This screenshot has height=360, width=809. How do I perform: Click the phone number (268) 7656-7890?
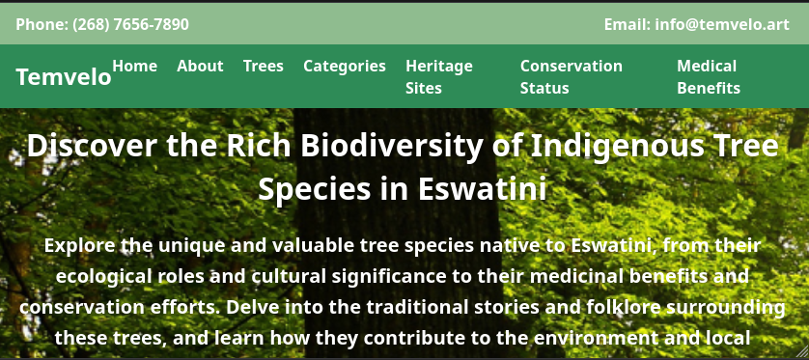tap(130, 24)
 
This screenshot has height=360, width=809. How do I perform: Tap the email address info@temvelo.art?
tap(722, 24)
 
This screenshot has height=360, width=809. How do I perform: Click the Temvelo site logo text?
tap(64, 77)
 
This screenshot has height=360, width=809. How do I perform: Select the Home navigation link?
tap(134, 66)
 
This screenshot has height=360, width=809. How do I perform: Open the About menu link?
tap(200, 66)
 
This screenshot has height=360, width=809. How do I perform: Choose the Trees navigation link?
tap(264, 66)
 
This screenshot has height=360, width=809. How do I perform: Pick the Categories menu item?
tap(345, 67)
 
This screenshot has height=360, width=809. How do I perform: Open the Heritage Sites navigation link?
tap(439, 77)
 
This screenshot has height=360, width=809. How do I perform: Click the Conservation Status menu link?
tap(572, 77)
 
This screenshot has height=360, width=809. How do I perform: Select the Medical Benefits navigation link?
tap(709, 77)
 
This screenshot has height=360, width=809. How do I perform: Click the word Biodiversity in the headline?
tap(392, 146)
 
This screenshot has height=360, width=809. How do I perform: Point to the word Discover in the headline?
tap(92, 146)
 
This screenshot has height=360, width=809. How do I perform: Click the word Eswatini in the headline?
tap(482, 189)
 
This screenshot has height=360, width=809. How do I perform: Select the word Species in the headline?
tap(314, 190)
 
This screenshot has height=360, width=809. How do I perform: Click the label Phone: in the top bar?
tap(42, 24)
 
